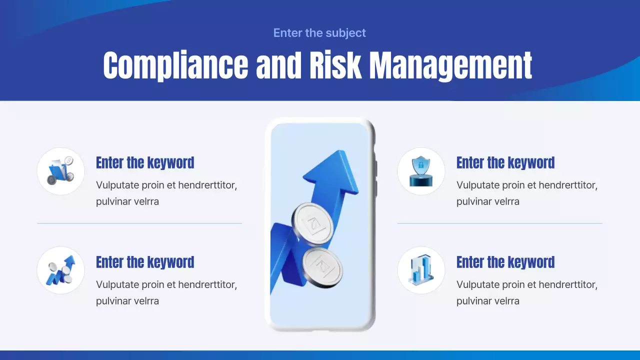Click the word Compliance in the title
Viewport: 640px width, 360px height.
coord(175,65)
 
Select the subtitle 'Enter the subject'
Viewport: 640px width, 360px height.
coord(319,33)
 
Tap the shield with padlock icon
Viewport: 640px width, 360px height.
coord(421,171)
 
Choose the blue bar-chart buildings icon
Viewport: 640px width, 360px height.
coord(421,270)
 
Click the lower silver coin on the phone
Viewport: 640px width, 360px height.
coord(322,264)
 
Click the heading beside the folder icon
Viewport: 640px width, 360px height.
coord(145,163)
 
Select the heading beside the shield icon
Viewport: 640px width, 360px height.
coord(505,163)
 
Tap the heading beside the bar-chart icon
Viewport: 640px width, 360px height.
coord(505,262)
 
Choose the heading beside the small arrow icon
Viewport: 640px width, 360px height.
coord(145,262)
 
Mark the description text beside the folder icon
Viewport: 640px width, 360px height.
coord(166,193)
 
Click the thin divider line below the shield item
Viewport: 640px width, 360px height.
coord(499,223)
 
